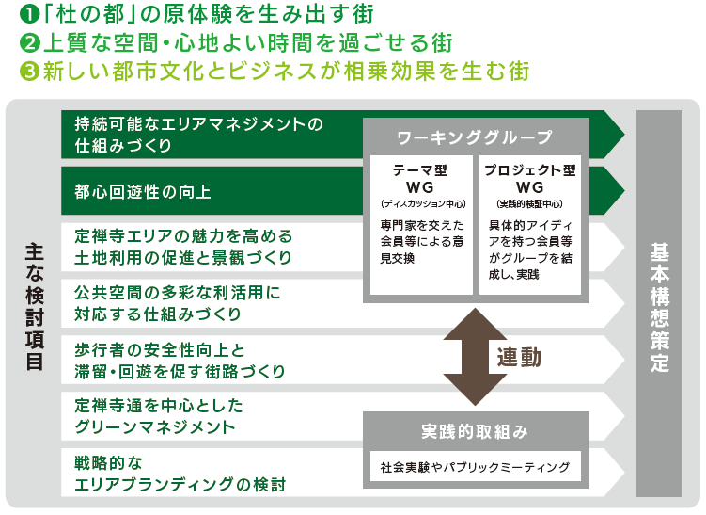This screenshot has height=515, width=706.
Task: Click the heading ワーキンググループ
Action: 476,138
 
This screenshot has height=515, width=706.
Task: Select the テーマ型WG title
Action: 419,178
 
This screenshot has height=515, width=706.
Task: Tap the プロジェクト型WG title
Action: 529,178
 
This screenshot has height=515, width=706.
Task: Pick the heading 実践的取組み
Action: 476,431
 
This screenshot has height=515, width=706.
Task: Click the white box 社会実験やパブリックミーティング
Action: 476,466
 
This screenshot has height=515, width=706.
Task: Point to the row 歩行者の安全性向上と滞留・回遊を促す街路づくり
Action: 179,360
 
